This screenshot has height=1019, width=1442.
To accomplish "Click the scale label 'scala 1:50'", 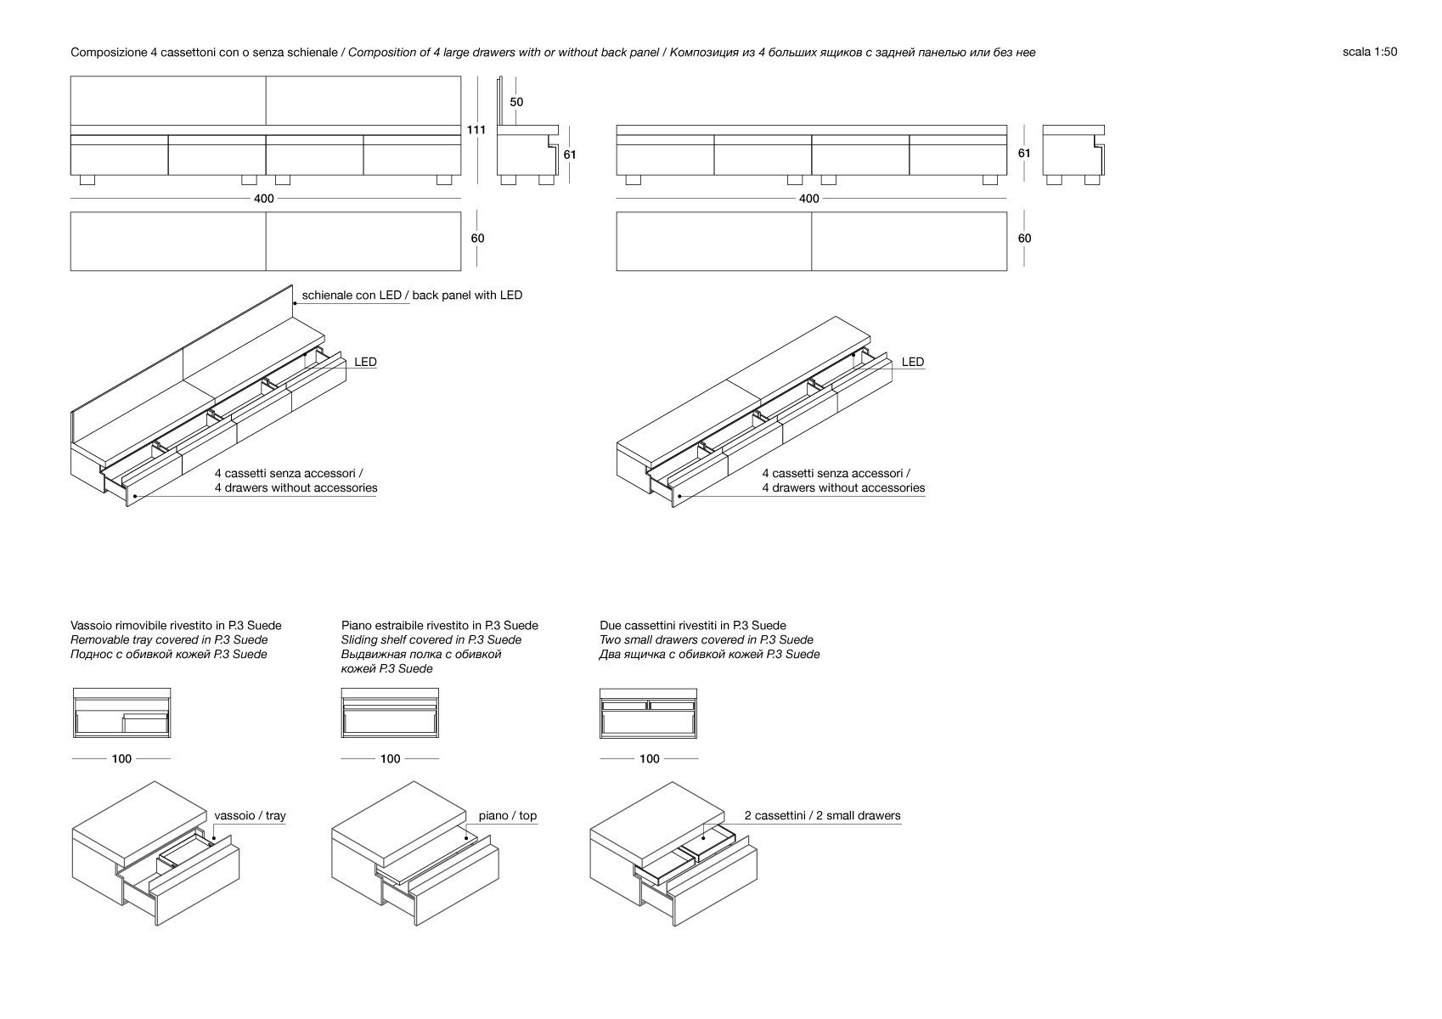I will pos(1369,52).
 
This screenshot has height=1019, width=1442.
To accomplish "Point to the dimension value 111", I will pos(476,130).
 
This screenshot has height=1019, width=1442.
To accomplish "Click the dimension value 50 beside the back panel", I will pos(516,102).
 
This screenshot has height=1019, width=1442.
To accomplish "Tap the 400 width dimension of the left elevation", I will pos(263,199).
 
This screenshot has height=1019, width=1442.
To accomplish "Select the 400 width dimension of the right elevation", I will pos(809,199).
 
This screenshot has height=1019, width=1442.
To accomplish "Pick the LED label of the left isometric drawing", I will pos(365,362).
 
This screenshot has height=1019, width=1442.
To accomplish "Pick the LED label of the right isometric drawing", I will pos(912,362).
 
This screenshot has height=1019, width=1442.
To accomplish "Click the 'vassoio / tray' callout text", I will pos(250,816).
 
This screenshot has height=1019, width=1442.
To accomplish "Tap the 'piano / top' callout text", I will pos(507,816).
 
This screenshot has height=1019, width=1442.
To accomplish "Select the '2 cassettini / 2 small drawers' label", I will pos(822,816).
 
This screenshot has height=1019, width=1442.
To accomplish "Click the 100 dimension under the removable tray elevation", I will pos(121,758).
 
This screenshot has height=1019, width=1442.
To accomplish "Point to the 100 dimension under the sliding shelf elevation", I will pos(390,758).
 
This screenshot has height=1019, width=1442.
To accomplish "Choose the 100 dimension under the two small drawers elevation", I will pos(649,758).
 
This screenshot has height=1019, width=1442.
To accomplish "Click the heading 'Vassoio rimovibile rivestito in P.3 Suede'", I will pos(176,626).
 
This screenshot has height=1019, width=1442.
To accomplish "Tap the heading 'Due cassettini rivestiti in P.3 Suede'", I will pos(693,626).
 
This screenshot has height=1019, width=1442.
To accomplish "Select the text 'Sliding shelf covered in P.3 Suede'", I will pos(431,640).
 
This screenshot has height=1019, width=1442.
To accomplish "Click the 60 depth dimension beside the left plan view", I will pos(477,239).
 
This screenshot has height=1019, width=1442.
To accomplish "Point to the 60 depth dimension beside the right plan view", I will pos(1024,239).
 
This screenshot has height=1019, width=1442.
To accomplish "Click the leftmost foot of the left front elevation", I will pos(86,180).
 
